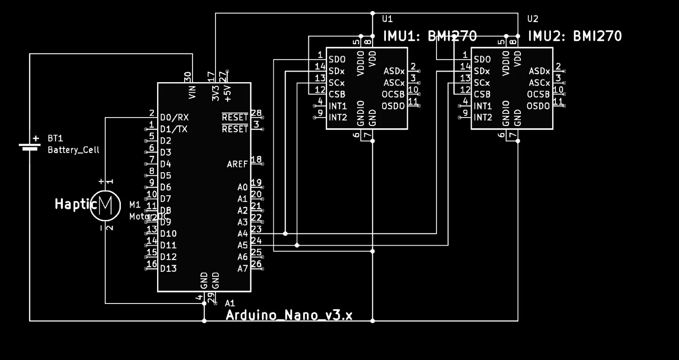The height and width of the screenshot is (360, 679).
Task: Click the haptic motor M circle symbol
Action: [x=105, y=205]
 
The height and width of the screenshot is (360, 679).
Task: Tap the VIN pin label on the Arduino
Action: [x=192, y=92]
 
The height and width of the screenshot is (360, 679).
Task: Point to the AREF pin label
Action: [x=237, y=164]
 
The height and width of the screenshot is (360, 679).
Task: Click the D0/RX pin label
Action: [x=174, y=118]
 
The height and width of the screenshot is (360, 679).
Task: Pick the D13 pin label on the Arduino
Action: [x=168, y=269]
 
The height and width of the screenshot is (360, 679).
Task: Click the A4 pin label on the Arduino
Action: [x=243, y=234]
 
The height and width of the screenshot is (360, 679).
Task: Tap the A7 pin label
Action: [x=243, y=269]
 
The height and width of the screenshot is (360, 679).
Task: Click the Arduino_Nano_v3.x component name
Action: [x=289, y=315]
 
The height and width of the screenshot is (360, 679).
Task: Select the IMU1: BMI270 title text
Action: [x=430, y=36]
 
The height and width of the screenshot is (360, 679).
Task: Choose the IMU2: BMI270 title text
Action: [x=575, y=36]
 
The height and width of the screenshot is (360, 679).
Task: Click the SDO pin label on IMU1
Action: [x=337, y=60]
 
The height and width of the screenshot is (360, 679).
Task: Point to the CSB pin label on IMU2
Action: [x=482, y=95]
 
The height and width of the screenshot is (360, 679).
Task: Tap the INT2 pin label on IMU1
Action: [x=338, y=118]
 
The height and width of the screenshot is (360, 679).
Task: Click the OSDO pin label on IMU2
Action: [x=538, y=106]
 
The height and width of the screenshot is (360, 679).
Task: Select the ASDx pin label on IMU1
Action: [x=394, y=71]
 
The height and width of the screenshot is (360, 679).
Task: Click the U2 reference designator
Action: [x=532, y=19]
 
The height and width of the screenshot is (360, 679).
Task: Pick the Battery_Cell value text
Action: [x=74, y=150]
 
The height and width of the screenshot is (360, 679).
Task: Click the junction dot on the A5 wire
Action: [x=297, y=245]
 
